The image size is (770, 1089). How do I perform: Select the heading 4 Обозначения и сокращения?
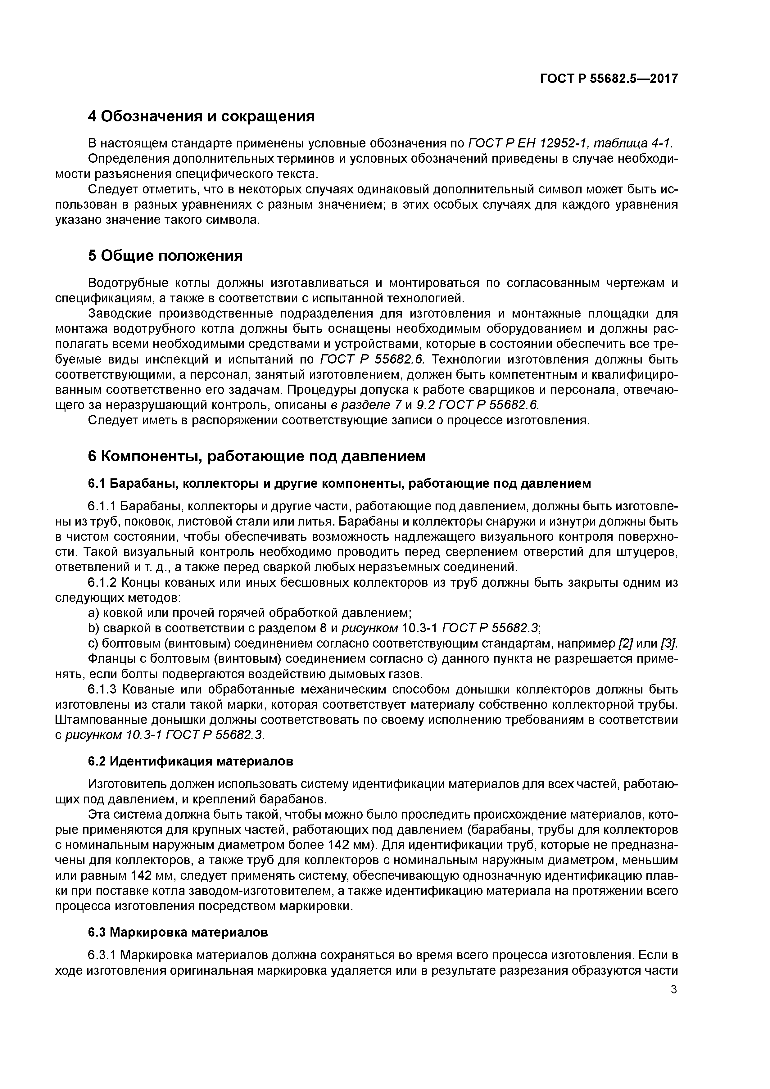click(x=201, y=116)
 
